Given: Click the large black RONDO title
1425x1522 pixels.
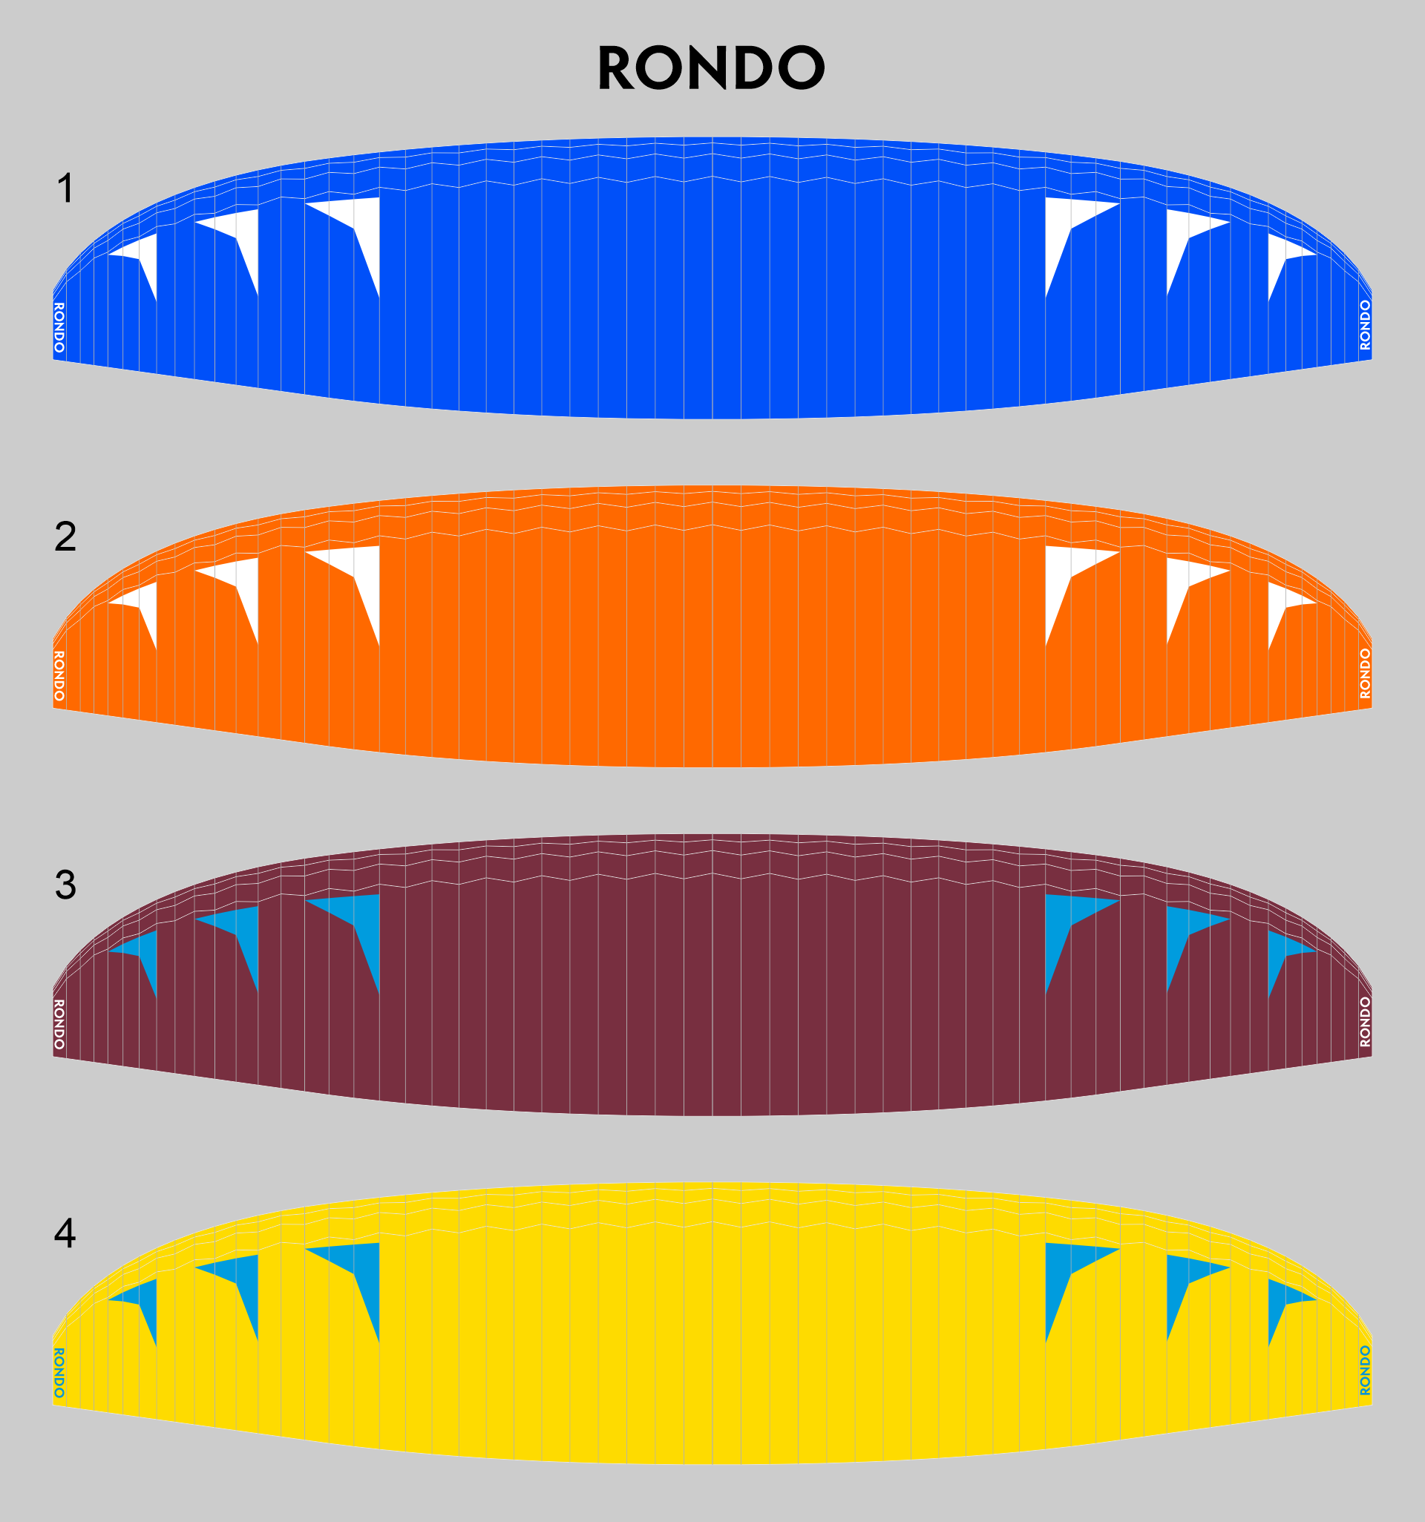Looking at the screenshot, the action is tap(711, 68).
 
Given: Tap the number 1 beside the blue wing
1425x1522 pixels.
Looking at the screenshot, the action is tap(66, 188).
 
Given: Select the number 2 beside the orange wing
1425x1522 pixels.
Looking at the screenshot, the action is tap(66, 537).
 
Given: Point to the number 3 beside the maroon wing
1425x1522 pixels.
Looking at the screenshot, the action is tap(66, 885).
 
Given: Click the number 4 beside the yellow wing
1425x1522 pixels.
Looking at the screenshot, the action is tap(65, 1233).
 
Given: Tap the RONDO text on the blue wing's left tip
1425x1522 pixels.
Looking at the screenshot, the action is tap(59, 328).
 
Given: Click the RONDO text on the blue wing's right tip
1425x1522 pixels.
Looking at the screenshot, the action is tap(1366, 325).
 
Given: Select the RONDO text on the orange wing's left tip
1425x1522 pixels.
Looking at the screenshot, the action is tap(59, 676).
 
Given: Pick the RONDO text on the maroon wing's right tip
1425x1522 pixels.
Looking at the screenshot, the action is tap(1366, 1022).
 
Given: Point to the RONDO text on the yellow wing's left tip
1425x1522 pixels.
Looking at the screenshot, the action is tap(59, 1373).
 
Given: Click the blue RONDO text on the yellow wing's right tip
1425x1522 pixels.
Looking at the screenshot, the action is tap(1366, 1371).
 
